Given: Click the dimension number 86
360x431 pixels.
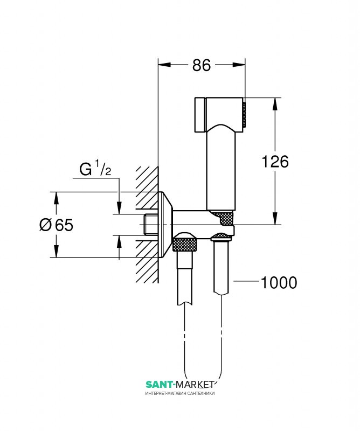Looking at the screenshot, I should point(201,66).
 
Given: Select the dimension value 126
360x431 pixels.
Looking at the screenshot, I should point(275,161).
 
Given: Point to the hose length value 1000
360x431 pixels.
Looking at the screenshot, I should point(279,282).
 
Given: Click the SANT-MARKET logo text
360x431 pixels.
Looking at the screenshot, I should point(181,384).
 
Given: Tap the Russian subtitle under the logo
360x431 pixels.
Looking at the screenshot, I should point(181,394).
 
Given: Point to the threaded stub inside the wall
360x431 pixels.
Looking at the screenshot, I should point(153,224).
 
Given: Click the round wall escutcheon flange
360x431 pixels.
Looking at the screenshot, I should point(165,224).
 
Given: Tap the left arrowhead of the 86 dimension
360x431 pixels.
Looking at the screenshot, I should point(164,66).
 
